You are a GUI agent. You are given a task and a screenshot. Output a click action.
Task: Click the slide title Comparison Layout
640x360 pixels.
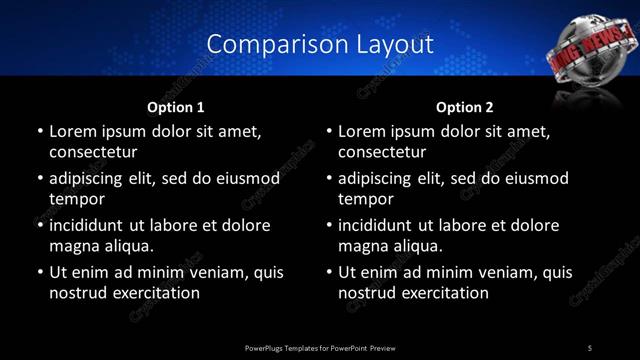[320, 44]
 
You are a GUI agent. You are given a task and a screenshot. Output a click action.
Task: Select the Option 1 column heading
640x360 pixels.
[176, 107]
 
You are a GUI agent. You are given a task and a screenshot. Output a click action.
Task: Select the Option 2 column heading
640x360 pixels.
[465, 107]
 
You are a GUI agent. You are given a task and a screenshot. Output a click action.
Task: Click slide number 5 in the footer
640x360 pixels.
[589, 347]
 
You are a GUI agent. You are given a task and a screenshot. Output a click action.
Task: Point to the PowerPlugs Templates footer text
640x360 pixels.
[320, 347]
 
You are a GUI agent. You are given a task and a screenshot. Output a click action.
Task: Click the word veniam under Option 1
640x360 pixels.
[202, 272]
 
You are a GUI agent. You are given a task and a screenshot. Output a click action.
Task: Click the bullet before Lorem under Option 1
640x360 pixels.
[39, 132]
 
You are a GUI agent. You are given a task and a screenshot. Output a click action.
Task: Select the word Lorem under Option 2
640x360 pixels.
[361, 131]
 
